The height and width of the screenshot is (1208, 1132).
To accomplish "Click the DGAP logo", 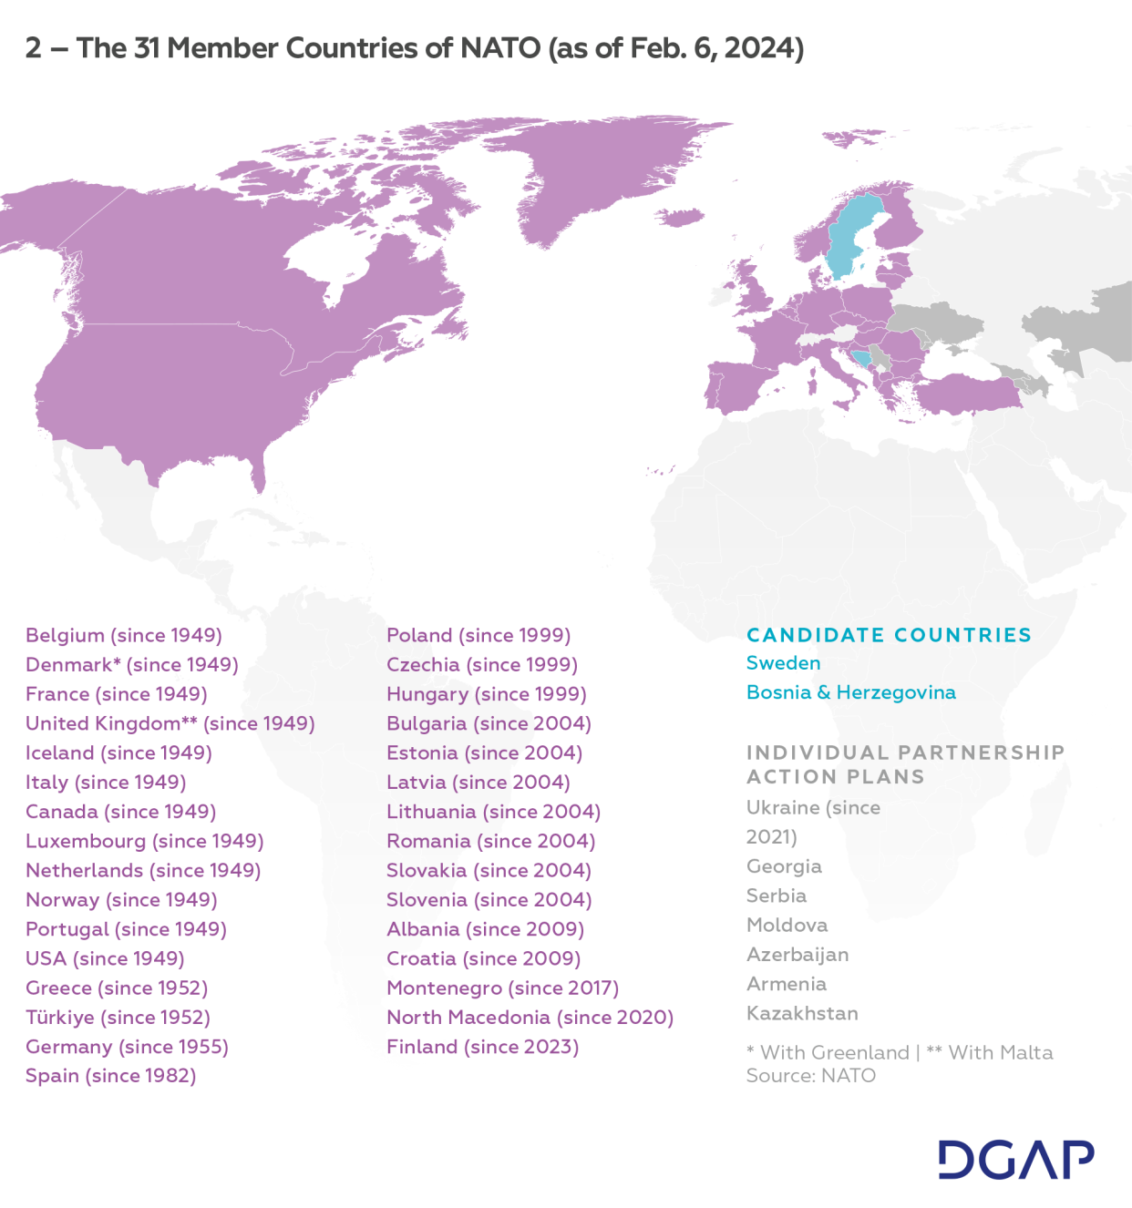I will [1015, 1160].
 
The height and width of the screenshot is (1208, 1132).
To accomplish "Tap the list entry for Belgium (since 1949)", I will [124, 635].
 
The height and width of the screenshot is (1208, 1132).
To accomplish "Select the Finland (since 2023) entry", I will [482, 1047].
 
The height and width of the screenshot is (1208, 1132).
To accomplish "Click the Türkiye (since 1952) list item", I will [118, 1017].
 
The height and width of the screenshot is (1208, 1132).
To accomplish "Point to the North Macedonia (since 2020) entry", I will [530, 1017].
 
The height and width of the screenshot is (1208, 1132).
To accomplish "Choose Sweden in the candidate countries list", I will [783, 663].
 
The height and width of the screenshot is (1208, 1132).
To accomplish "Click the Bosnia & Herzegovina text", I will [850, 692].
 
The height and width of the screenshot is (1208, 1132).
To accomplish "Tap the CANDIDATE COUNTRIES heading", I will [889, 635].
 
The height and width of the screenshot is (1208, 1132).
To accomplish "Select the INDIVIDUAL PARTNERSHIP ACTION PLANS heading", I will [905, 764].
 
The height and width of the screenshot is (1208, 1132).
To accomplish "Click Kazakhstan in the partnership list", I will [802, 1013].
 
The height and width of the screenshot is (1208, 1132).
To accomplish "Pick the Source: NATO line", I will [810, 1076].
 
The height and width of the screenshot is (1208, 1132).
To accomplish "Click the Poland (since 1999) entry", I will [479, 635].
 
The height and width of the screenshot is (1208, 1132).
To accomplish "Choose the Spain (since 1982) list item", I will [111, 1076].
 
